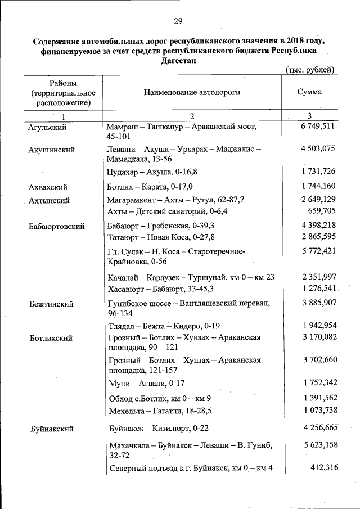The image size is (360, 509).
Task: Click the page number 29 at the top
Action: tap(178, 21)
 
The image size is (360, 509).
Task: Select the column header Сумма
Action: tap(309, 92)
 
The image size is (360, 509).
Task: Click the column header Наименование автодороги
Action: tap(192, 92)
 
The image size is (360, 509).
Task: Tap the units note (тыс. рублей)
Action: tap(310, 70)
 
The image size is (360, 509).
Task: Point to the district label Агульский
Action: tap(47, 128)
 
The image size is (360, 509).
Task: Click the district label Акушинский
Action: tap(51, 150)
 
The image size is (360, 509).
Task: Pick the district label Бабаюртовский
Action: tap(57, 226)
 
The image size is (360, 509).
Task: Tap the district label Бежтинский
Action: tap(51, 304)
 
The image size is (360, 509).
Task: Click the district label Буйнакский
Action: tap(52, 429)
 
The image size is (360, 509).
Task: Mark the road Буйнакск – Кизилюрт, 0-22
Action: tap(155, 429)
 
